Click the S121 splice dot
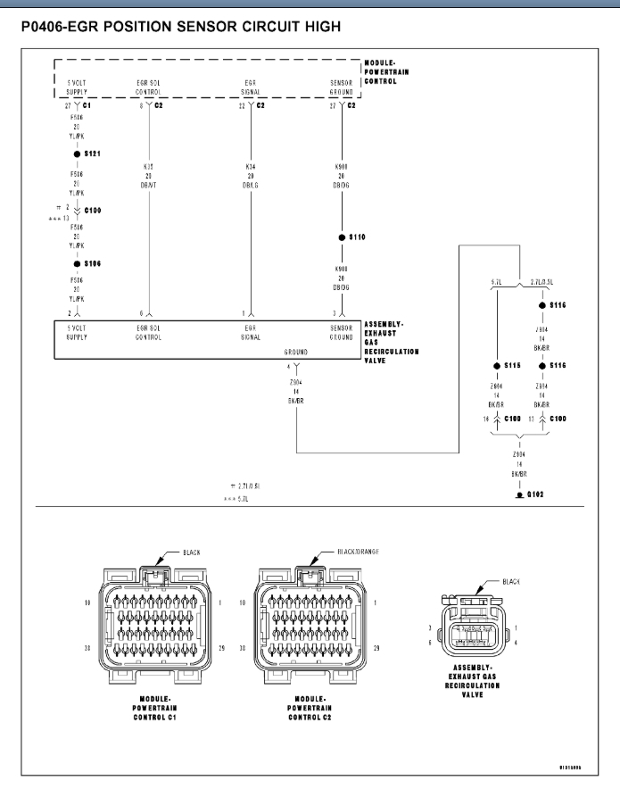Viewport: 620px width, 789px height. [78, 154]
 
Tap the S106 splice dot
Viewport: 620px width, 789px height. [78, 264]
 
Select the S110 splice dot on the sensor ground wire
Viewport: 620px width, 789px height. [343, 237]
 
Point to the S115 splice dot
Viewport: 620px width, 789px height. [496, 366]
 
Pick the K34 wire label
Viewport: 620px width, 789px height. [251, 167]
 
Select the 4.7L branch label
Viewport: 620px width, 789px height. [496, 282]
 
